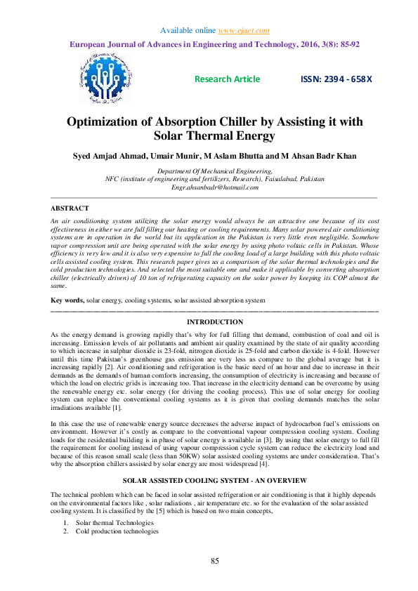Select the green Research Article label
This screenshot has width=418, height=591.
(x=227, y=79)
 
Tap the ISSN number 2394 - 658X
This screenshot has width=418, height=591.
(x=337, y=79)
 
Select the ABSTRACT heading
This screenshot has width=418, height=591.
(x=70, y=208)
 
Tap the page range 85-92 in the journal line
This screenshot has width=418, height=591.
(x=347, y=44)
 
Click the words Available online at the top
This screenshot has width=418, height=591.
(x=188, y=31)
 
